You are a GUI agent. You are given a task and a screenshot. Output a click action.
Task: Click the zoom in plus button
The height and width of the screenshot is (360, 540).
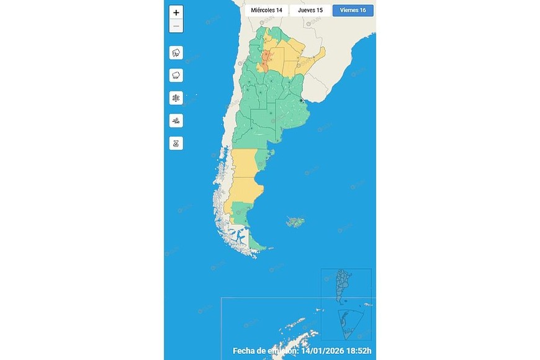176,12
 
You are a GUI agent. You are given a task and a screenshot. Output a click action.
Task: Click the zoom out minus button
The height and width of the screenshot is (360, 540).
176,26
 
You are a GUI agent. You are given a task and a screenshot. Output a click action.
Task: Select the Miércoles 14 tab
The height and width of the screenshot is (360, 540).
266,11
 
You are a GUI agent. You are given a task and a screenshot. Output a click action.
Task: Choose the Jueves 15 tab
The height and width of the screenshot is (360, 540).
310,11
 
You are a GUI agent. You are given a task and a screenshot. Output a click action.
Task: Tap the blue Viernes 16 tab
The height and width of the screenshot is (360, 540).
353,11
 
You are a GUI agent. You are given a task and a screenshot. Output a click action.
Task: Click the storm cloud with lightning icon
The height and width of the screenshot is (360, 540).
176,53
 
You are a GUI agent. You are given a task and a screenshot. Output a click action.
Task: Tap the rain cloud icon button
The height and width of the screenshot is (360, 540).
176,75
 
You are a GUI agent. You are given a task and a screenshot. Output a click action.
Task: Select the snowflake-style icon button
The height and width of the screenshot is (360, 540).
176,98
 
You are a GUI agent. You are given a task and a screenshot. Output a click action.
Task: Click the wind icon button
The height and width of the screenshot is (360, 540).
176,120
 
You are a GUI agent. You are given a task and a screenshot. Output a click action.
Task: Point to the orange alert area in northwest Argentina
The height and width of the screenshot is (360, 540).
265,60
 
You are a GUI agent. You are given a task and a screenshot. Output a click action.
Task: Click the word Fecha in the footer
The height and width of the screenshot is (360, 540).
245,351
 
